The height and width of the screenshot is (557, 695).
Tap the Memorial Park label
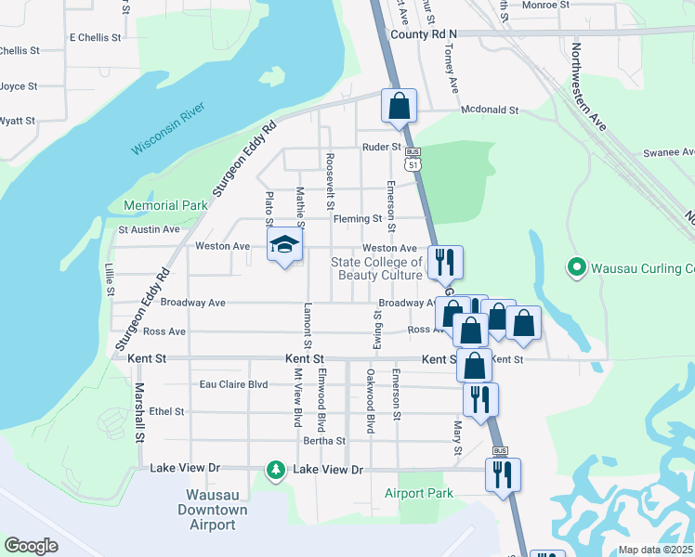(x=166, y=205)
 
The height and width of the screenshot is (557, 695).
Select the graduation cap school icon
(x=285, y=245)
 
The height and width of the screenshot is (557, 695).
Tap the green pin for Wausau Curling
(x=576, y=268)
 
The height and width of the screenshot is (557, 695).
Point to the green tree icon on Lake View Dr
(x=275, y=471)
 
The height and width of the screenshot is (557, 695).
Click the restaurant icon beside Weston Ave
(x=444, y=262)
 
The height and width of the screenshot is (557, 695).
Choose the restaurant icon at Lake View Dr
(x=503, y=473)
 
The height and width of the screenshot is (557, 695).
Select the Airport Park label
(x=419, y=493)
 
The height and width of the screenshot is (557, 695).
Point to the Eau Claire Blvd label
(x=234, y=384)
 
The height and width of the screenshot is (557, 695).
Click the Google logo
(x=31, y=546)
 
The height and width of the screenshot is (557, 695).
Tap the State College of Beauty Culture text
(x=377, y=268)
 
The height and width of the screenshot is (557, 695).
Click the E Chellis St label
(x=96, y=38)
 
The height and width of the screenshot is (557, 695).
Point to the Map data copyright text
(x=655, y=550)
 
